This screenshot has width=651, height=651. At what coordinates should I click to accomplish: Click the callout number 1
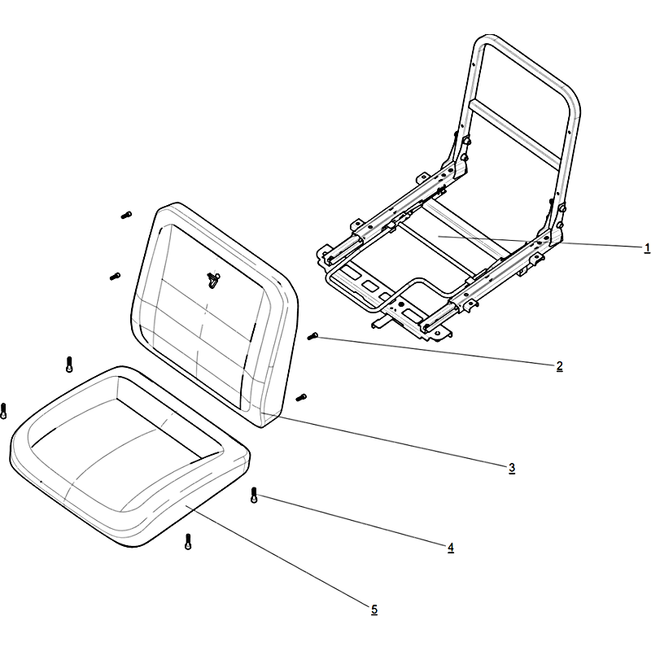[x=647, y=248]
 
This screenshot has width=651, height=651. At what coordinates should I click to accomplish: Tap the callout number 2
[x=559, y=366]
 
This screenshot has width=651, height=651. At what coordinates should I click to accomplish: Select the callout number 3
[x=512, y=468]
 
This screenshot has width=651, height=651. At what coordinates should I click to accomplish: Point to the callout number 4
[x=451, y=548]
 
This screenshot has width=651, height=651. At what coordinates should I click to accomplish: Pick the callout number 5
[x=374, y=609]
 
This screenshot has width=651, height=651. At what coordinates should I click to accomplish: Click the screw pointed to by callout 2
[x=312, y=336]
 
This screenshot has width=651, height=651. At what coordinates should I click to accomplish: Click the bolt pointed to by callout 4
[x=254, y=496]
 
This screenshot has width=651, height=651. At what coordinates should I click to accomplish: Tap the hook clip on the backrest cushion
[x=213, y=280]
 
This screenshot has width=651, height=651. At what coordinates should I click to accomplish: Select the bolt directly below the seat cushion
[x=188, y=541]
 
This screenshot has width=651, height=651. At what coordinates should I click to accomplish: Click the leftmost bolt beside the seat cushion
[x=4, y=411]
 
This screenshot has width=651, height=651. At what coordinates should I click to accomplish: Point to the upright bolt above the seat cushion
[x=69, y=364]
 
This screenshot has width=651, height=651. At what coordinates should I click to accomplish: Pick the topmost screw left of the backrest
[x=126, y=215]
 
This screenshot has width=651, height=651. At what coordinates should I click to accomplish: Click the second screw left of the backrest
[x=115, y=276]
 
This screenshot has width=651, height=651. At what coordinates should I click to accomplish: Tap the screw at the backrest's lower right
[x=301, y=398]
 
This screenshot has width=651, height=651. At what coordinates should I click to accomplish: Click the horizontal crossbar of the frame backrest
[x=515, y=132]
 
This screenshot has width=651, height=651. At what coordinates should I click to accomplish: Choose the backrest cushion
[x=215, y=316]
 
